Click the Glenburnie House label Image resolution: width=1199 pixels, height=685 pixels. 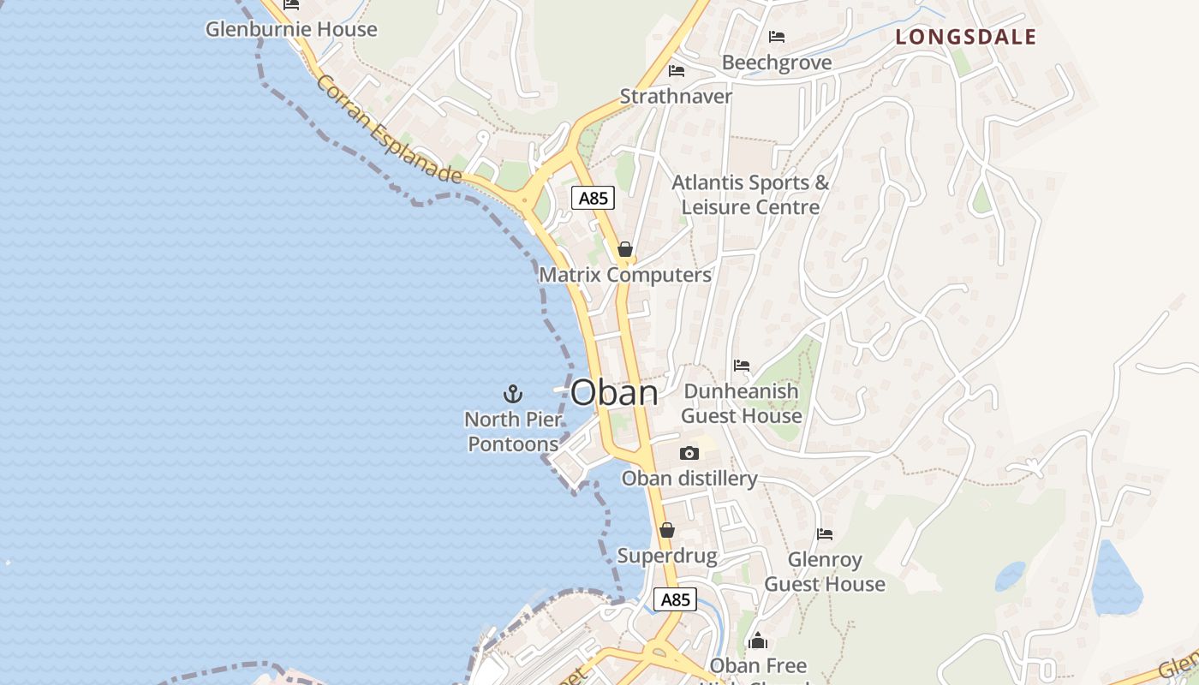pyautogui.click(x=291, y=29)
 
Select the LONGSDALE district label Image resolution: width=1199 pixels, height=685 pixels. pyautogui.click(x=966, y=37)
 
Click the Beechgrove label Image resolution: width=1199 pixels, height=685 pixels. pyautogui.click(x=777, y=63)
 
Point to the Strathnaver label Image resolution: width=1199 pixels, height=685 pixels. pyautogui.click(x=676, y=96)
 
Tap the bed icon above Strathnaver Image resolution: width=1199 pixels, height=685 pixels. pyautogui.click(x=677, y=71)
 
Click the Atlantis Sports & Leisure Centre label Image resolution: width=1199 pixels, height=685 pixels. pyautogui.click(x=750, y=194)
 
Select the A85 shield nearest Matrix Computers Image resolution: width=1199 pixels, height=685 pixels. pyautogui.click(x=593, y=199)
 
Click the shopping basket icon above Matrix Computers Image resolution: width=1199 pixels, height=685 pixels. pyautogui.click(x=625, y=249)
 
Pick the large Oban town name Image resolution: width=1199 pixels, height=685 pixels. pyautogui.click(x=614, y=393)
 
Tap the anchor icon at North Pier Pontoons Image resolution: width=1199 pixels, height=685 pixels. pyautogui.click(x=512, y=394)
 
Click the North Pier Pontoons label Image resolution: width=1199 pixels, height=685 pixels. pyautogui.click(x=513, y=432)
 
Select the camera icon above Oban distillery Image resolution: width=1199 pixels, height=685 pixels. pyautogui.click(x=689, y=453)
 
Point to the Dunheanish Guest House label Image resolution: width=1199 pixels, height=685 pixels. pyautogui.click(x=742, y=403)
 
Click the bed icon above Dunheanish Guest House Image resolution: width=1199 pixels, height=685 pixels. pyautogui.click(x=742, y=366)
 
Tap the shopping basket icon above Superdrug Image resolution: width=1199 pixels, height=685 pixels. pyautogui.click(x=667, y=530)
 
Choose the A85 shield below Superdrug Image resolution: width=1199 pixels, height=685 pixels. pyautogui.click(x=675, y=599)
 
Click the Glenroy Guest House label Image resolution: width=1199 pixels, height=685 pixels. pyautogui.click(x=825, y=572)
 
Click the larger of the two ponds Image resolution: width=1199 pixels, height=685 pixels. pyautogui.click(x=1117, y=582)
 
